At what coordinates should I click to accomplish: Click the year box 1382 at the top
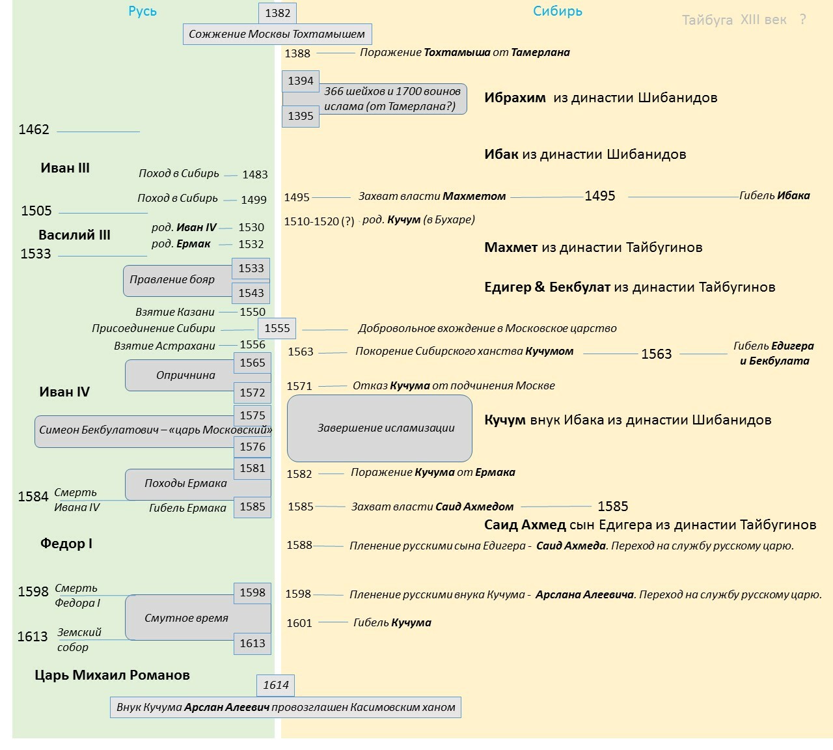click(277, 13)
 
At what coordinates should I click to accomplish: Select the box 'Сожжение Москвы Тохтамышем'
click(277, 34)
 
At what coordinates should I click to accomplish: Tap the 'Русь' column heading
click(143, 11)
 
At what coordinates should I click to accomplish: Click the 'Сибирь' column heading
click(557, 11)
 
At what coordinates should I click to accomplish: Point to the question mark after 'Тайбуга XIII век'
click(802, 20)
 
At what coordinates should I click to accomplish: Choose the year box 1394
click(301, 81)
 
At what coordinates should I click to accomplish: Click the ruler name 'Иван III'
click(65, 168)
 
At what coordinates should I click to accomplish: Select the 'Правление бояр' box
click(172, 280)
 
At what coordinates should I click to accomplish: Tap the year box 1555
click(277, 328)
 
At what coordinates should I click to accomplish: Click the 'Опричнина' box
click(185, 375)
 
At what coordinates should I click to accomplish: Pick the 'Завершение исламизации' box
click(380, 428)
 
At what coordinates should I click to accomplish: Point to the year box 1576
click(253, 447)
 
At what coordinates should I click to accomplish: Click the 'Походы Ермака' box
click(185, 483)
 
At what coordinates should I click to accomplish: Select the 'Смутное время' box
click(187, 618)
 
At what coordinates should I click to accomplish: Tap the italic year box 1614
click(276, 685)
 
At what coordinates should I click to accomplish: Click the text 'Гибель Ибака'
click(774, 195)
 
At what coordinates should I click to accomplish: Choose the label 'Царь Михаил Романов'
click(112, 675)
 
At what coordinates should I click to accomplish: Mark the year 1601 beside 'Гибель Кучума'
click(299, 623)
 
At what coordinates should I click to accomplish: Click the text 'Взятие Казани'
click(175, 312)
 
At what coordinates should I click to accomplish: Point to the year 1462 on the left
click(34, 130)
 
